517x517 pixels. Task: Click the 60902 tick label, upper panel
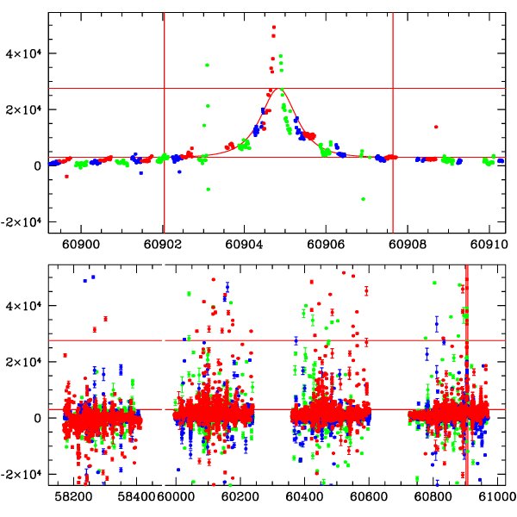pos(163,245)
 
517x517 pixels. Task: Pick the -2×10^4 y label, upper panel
pos(26,222)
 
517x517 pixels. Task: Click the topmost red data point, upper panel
pos(274,28)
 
